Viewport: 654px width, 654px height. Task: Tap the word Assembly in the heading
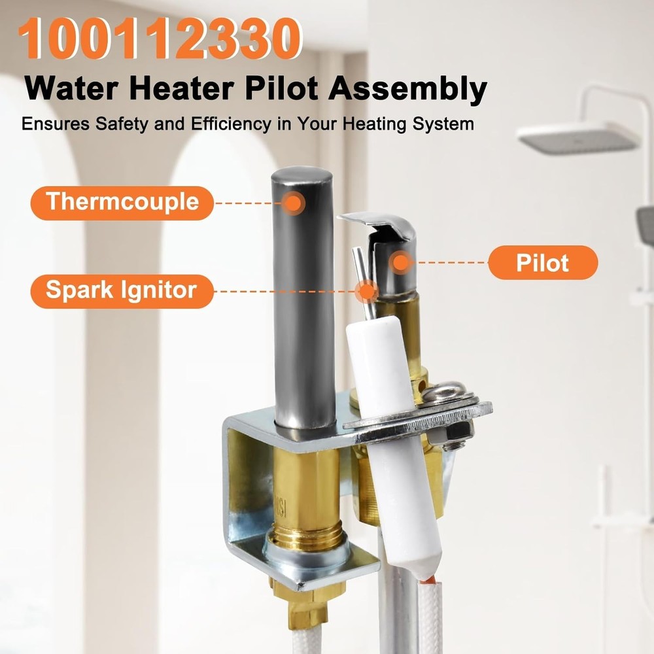click(x=407, y=90)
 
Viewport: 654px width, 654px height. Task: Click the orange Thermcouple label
click(x=122, y=202)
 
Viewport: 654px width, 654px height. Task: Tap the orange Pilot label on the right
click(x=542, y=263)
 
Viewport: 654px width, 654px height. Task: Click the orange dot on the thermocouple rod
click(x=294, y=203)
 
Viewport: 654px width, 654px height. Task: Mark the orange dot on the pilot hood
click(x=401, y=263)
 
